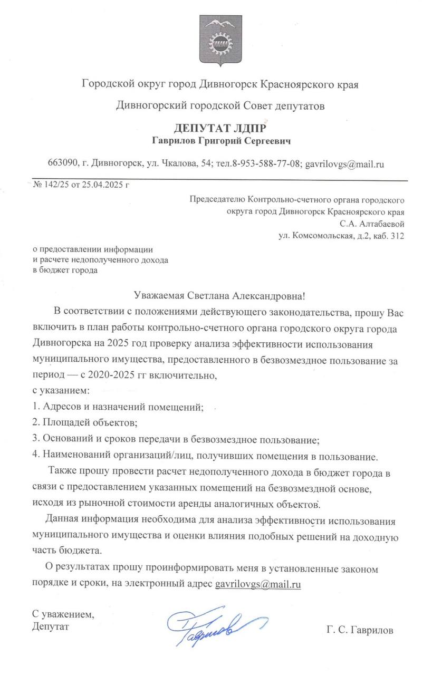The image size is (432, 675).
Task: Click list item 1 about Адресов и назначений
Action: [118, 407]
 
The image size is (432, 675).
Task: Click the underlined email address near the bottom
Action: [258, 584]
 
